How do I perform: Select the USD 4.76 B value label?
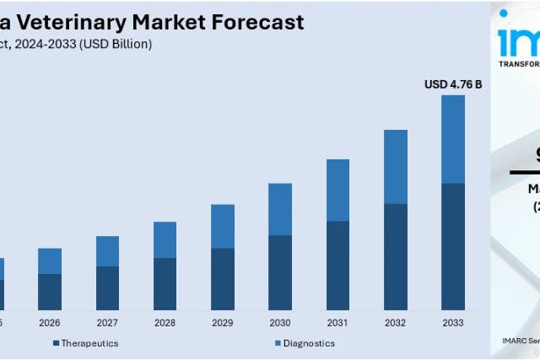coord(452,83)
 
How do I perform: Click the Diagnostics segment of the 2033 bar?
coord(453,139)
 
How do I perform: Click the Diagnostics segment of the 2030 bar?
coord(280,209)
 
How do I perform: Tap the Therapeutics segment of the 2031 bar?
coord(337,265)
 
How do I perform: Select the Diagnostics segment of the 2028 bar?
coord(165,239)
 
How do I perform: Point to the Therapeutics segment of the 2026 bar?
coord(50,292)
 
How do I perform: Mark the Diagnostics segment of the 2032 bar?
coord(395,167)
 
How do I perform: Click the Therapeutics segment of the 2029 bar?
coord(223,279)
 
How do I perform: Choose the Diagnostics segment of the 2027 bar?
coord(107,251)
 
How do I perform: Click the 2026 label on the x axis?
coord(50,323)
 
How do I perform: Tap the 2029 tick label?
coord(223,323)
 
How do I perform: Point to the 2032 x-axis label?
coord(395,323)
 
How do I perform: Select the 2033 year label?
coord(453,323)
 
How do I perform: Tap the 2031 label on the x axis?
coord(337,323)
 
